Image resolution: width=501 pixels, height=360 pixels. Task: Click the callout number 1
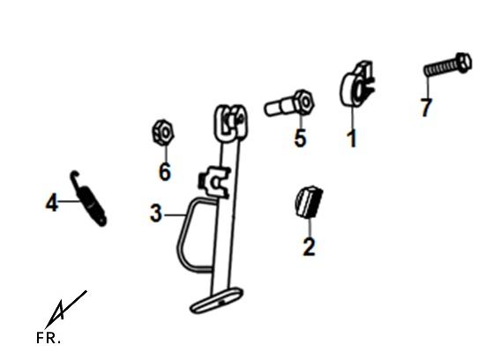pos(352,139)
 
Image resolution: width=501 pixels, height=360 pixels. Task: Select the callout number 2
pos(309,247)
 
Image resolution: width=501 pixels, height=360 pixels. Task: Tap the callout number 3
pos(156,214)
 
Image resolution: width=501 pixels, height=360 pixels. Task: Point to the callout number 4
pos(52,202)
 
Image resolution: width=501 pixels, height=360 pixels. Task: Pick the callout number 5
pos(301,139)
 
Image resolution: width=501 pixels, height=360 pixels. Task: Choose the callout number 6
pos(165,172)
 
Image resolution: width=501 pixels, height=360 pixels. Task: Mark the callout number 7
pos(427,107)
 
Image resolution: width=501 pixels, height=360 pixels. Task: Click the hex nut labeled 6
pos(162,132)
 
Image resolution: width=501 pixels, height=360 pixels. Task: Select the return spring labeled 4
pos(88,199)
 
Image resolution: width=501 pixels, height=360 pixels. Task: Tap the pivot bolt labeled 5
pos(289,103)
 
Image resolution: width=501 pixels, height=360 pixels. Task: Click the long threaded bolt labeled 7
pos(448,65)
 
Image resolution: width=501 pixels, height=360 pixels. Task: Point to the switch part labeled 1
pos(357,84)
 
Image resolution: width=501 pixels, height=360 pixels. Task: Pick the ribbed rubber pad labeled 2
pos(308,202)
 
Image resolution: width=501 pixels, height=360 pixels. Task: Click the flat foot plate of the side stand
pos(217,301)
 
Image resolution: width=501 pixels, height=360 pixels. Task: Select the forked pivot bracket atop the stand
pos(231,124)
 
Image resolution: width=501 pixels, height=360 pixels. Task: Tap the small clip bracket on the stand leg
pos(214,182)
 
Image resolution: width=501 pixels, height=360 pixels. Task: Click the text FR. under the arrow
pos(49,338)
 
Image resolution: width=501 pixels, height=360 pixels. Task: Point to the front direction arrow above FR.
pos(65,310)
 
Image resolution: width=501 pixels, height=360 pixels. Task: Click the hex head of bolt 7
pos(464,63)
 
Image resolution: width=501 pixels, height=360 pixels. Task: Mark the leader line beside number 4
pos(69,201)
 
